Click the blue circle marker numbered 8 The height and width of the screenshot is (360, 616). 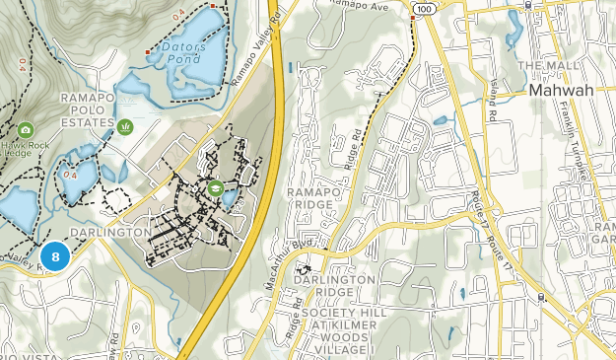[x=55, y=256]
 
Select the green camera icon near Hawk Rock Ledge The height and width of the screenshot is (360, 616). [x=26, y=130]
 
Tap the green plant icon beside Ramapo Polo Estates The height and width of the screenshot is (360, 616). [x=125, y=127]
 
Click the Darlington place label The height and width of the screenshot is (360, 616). [x=111, y=232]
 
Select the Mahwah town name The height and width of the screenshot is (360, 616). [x=568, y=90]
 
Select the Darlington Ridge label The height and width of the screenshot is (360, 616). [x=334, y=286]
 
